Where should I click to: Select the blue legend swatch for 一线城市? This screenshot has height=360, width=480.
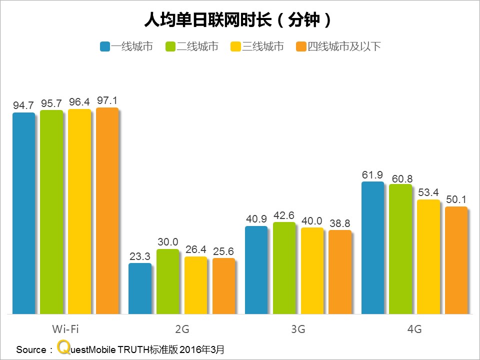tap(105, 47)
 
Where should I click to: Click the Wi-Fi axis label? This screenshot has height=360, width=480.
tap(65, 329)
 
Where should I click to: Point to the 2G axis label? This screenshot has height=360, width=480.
tap(182, 329)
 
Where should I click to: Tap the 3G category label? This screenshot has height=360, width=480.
tap(298, 329)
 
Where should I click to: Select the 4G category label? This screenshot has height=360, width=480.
tap(414, 329)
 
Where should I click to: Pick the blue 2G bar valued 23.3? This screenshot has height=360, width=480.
tap(140, 288)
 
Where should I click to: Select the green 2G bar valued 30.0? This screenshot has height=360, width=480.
tap(167, 281)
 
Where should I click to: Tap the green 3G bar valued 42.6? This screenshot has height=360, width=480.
tap(284, 268)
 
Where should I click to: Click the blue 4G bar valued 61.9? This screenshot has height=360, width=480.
tap(372, 248)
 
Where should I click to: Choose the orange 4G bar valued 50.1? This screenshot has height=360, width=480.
tap(456, 260)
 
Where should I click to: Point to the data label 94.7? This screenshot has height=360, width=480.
tap(23, 105)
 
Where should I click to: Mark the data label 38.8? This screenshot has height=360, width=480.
tap(339, 223)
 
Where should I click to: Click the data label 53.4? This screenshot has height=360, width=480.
tap(428, 192)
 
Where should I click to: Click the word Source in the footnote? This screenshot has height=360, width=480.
tap(31, 349)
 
